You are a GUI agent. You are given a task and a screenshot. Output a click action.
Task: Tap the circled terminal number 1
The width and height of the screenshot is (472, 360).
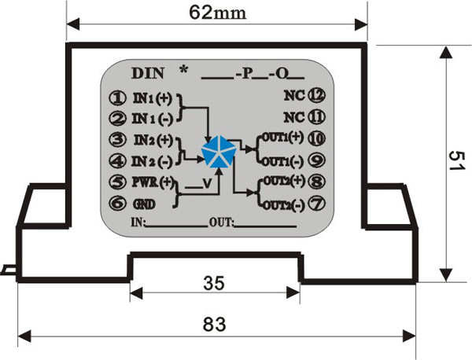click(x=117, y=99)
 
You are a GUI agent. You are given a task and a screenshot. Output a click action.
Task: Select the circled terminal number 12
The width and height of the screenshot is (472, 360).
click(x=316, y=96)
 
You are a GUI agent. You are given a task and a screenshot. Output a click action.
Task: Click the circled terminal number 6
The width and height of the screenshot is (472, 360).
click(x=117, y=204)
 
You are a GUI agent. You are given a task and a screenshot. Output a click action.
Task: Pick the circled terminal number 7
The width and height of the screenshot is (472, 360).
click(x=316, y=203)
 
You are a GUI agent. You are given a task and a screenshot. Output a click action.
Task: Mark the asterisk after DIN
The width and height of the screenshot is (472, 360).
click(x=184, y=70)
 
